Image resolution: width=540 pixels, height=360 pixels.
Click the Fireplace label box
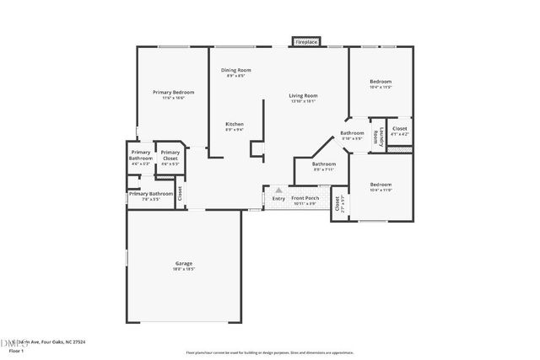[305, 40]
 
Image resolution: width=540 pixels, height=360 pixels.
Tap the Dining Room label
[236, 70]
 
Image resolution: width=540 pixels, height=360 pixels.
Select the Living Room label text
[303, 95]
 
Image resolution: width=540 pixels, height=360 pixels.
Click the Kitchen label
[234, 124]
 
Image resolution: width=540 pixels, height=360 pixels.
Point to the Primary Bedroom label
[173, 91]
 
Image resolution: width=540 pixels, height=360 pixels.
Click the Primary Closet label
[170, 153]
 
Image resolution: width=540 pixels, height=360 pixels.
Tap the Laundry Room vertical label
[381, 137]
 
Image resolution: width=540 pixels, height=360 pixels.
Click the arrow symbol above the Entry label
[278, 191]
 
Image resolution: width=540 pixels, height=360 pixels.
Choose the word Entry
[278, 199]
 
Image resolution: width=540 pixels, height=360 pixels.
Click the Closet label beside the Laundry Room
[400, 129]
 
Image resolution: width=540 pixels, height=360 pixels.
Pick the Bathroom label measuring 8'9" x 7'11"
[324, 164]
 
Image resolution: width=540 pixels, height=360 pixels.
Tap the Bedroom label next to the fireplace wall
[381, 82]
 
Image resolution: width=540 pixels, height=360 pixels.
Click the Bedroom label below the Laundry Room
[381, 184]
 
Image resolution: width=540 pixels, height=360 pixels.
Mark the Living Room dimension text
[303, 101]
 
